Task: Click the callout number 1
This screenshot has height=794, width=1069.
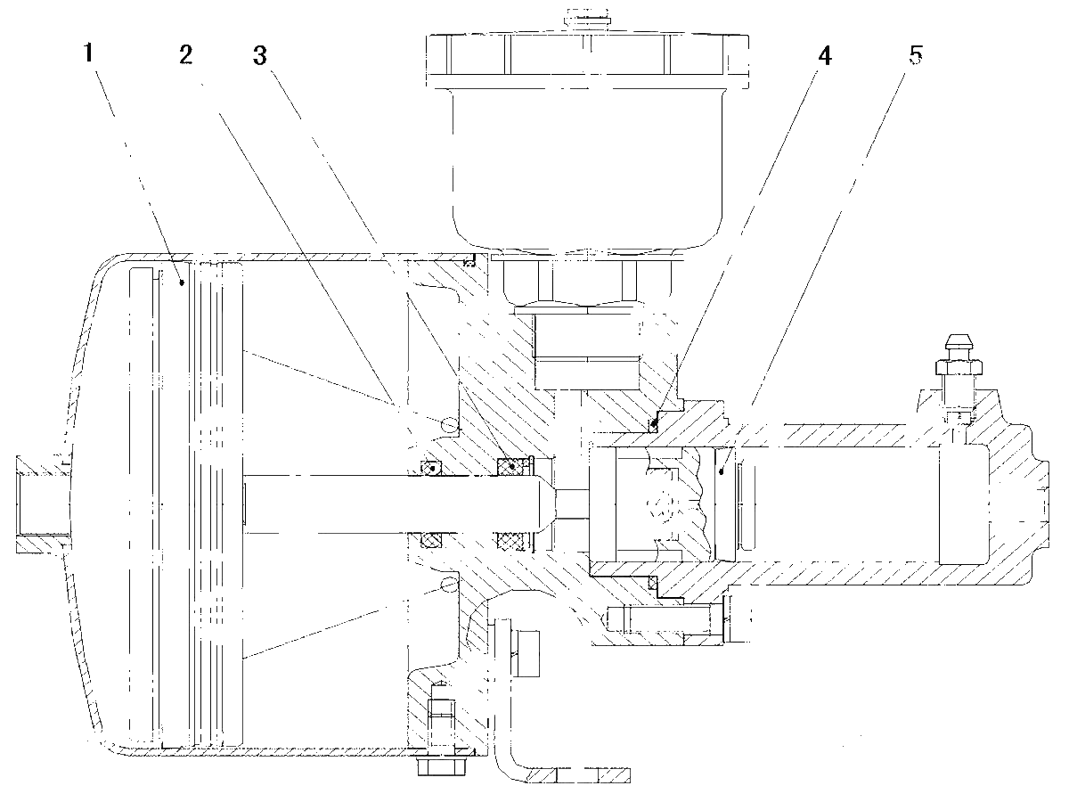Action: click(88, 53)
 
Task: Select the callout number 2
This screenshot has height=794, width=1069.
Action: click(186, 54)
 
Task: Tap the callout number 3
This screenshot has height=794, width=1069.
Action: click(260, 56)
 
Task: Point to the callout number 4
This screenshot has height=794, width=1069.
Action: click(825, 56)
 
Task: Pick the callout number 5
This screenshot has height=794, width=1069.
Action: click(916, 55)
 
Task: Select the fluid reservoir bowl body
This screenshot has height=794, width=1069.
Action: click(588, 168)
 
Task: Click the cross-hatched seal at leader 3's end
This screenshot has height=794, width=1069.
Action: click(512, 466)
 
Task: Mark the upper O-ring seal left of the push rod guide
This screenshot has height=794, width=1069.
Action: click(431, 468)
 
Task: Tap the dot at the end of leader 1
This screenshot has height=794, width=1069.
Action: click(183, 283)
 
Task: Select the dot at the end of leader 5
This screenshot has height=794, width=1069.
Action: click(722, 471)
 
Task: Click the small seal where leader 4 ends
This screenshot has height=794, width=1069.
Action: click(654, 424)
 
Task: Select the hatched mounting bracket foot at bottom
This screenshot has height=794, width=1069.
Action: click(578, 775)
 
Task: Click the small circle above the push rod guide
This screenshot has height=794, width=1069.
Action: click(449, 424)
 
